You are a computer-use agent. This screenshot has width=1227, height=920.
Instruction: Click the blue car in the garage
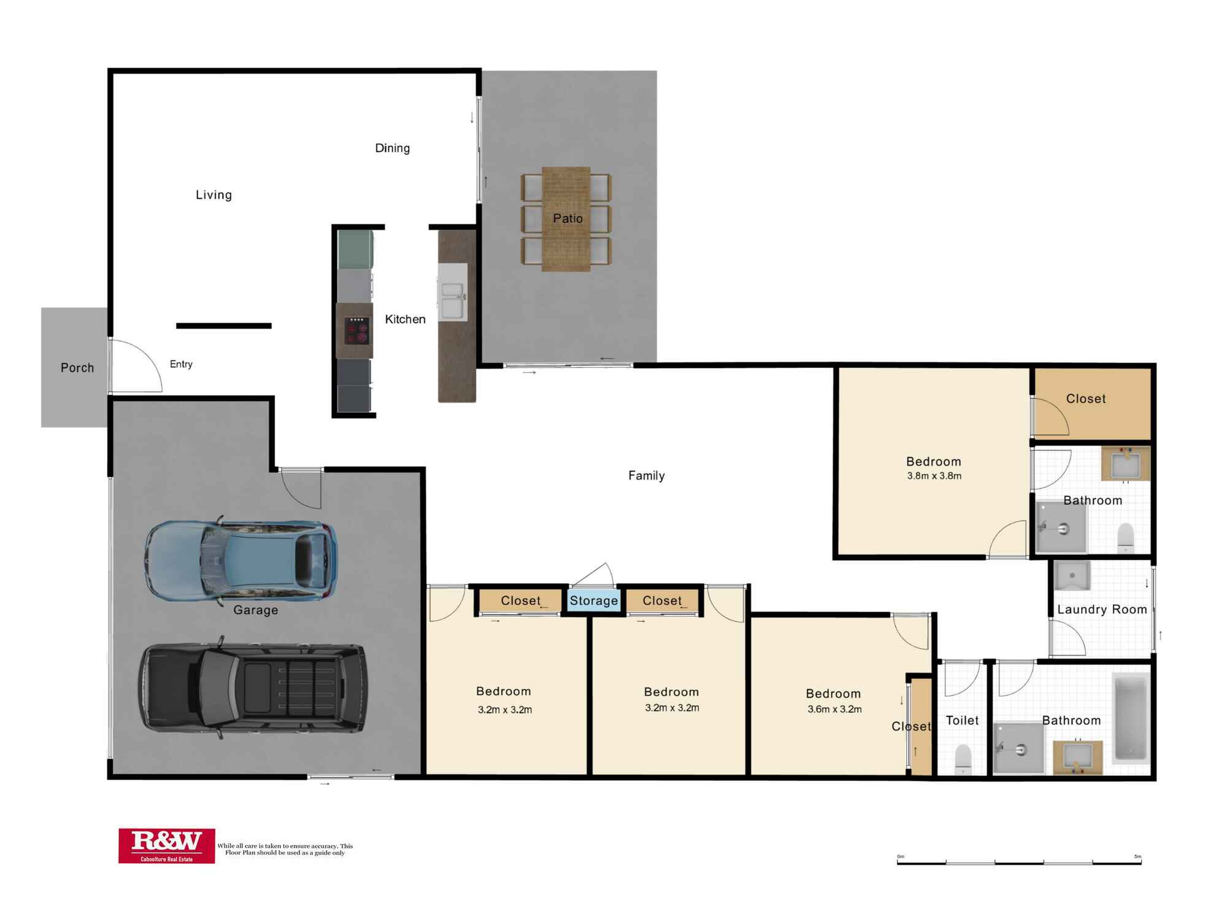240,561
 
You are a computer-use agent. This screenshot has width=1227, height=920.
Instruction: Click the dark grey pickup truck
253,688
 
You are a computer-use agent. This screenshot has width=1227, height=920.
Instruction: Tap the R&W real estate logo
166,845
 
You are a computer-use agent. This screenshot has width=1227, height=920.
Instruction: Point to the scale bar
1018,862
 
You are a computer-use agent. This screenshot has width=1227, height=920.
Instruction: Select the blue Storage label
593,600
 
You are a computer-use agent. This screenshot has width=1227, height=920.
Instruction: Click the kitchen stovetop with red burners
356,331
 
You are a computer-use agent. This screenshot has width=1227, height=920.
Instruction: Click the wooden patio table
566,219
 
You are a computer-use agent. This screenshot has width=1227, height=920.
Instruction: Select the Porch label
77,367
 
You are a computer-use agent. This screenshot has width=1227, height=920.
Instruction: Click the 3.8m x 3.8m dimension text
934,476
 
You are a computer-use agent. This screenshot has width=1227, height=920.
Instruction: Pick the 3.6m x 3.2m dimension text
834,709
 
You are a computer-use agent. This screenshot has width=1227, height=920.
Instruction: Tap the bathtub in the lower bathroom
1130,716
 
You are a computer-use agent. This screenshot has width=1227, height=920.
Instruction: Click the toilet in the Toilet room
963,758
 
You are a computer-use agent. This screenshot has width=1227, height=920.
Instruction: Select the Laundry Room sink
1072,576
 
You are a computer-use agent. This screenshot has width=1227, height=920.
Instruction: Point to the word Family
646,475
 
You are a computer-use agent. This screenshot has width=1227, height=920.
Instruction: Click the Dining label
392,148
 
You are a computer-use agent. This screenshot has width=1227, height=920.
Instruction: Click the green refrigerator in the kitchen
355,249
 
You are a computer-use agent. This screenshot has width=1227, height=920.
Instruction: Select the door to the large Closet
1050,417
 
